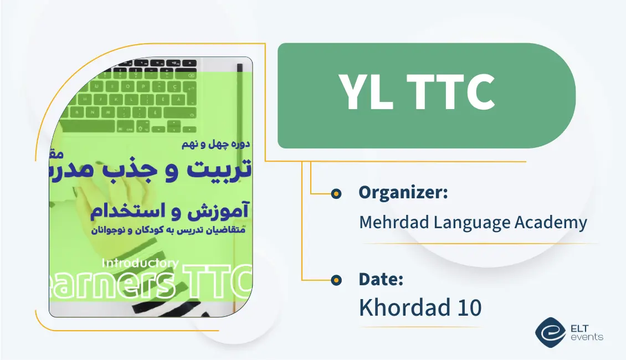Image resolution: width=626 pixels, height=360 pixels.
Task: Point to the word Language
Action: click(x=470, y=223)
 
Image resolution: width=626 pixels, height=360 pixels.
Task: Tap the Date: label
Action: click(x=381, y=279)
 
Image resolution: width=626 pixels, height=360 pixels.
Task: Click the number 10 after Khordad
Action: click(x=469, y=308)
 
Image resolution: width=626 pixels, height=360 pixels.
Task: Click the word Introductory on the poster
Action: click(x=140, y=263)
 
